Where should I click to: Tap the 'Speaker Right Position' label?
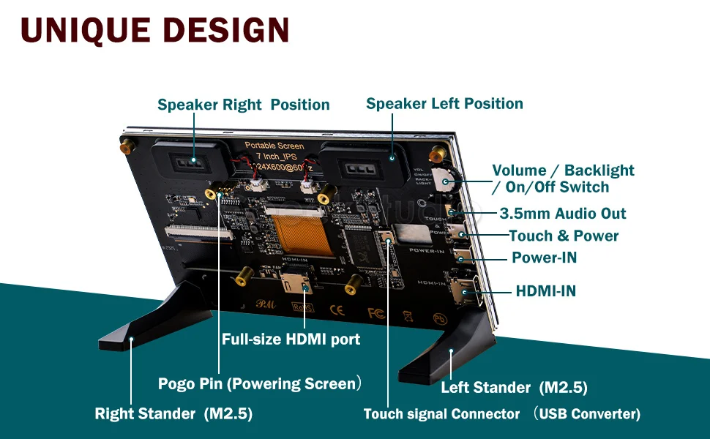click(x=244, y=105)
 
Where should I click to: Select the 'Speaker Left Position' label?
click(x=444, y=104)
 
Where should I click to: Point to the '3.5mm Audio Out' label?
click(x=563, y=214)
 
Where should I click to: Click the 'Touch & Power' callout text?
click(x=564, y=236)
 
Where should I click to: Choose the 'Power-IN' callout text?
click(x=544, y=258)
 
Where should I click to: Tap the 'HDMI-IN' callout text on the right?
click(x=545, y=291)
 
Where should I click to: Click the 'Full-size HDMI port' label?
click(x=291, y=339)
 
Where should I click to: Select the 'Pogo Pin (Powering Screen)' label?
click(x=261, y=383)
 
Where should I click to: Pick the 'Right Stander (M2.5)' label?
click(x=173, y=414)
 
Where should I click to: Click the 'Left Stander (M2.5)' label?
click(x=514, y=388)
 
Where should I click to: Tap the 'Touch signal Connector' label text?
click(x=441, y=414)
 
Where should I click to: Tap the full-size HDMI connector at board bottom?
click(x=302, y=282)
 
